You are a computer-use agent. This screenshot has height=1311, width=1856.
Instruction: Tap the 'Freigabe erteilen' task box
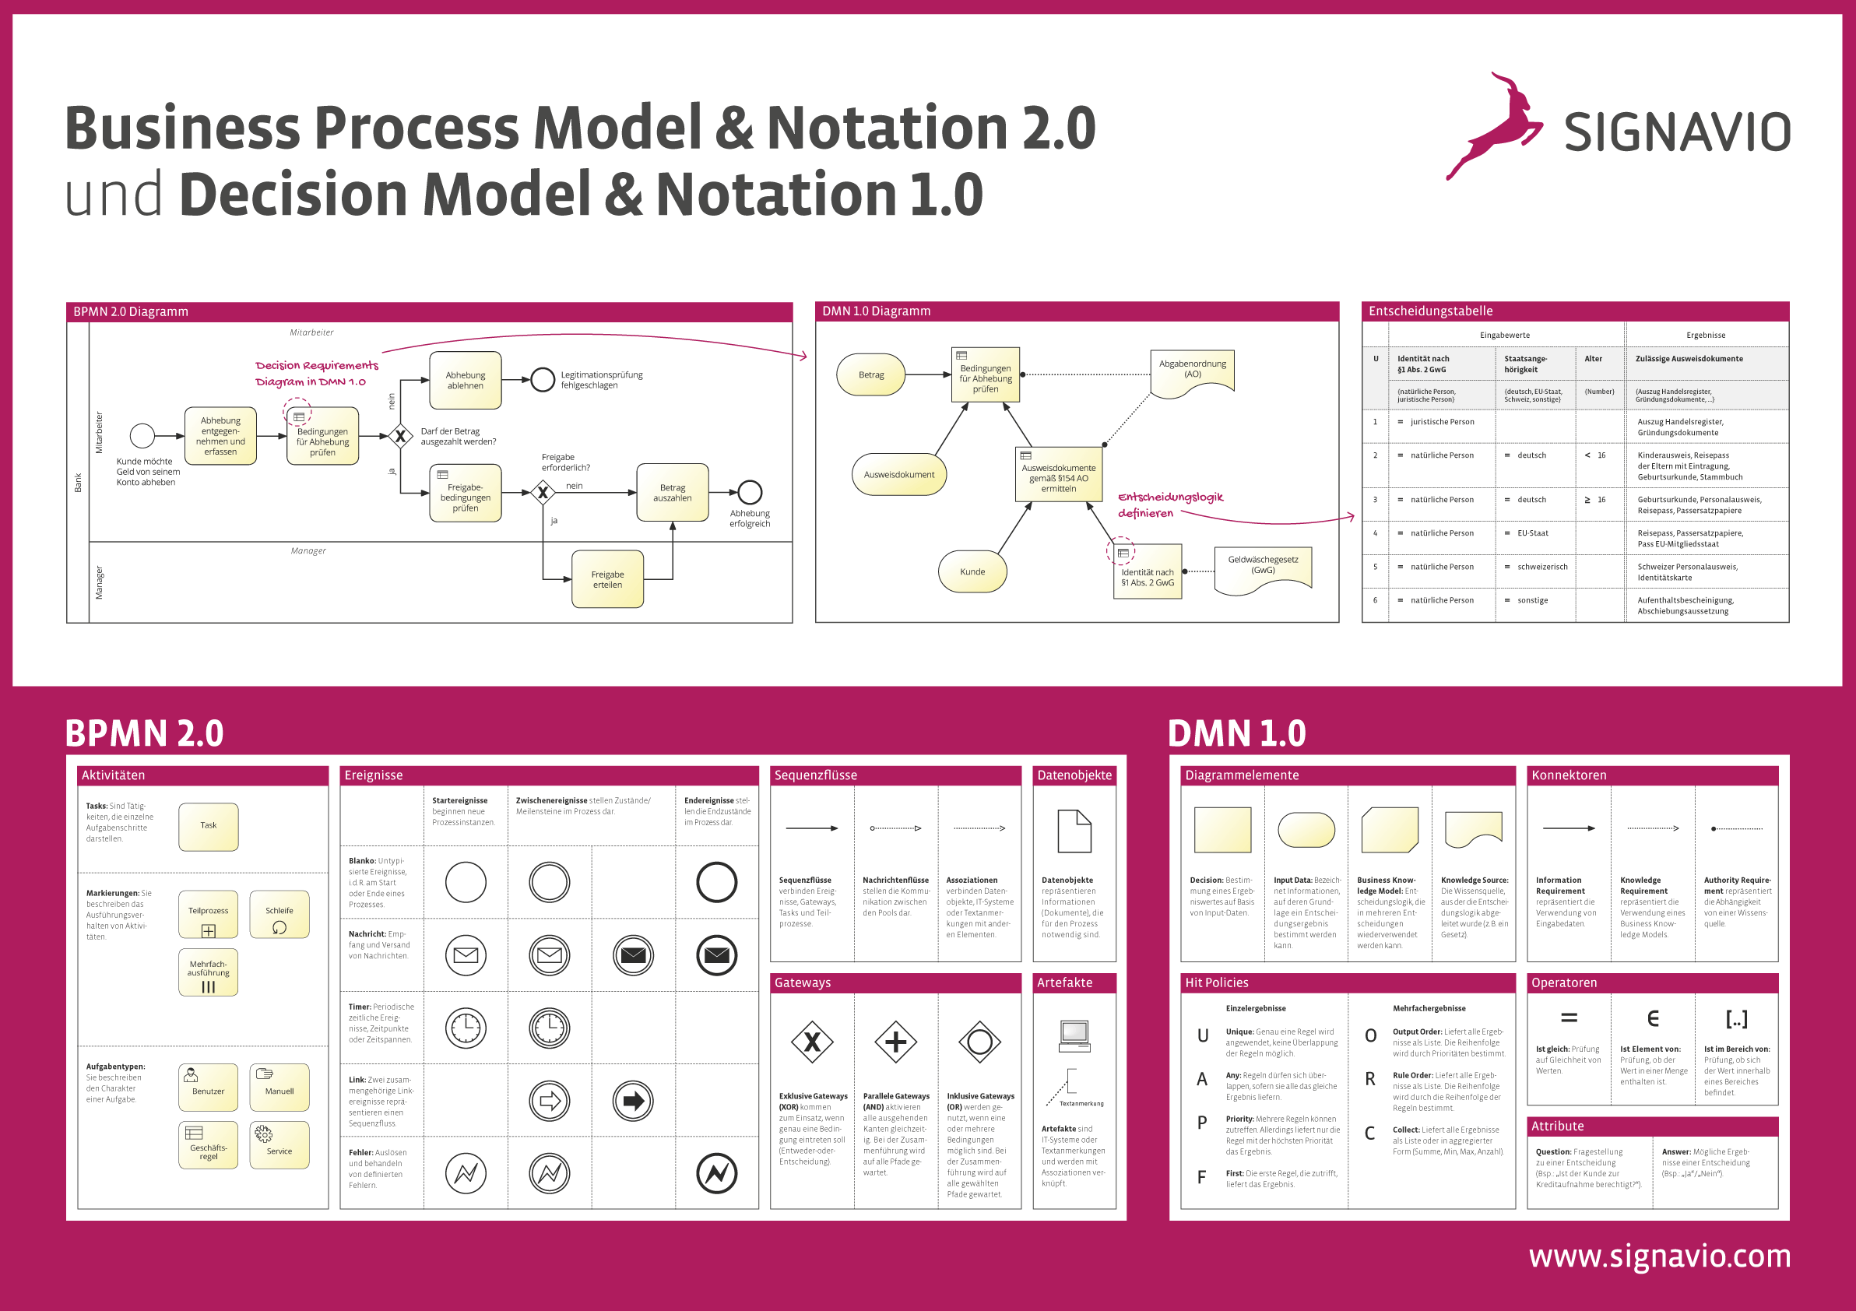tap(607, 578)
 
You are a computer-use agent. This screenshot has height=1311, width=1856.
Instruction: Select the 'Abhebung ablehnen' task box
tap(465, 380)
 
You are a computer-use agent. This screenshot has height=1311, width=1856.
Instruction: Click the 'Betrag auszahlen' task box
tap(672, 492)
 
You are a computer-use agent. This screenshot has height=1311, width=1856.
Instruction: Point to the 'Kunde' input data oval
tap(972, 571)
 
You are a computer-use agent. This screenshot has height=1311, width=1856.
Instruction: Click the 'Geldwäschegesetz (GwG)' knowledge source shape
tap(1263, 569)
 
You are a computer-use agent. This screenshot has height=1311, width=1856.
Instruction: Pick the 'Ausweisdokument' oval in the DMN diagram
tap(899, 474)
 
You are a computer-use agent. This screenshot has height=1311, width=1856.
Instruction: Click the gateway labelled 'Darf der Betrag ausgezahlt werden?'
tap(400, 437)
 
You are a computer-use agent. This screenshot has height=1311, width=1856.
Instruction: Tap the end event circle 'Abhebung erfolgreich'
tap(750, 491)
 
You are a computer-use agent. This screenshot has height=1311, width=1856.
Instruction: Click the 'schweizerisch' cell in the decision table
tap(1541, 567)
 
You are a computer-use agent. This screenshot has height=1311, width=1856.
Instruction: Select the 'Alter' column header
tap(1594, 359)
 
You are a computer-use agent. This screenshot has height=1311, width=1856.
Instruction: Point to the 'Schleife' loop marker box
tap(279, 914)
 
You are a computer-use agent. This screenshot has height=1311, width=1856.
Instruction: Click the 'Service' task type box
tap(279, 1144)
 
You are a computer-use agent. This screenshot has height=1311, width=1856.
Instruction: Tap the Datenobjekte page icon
tap(1074, 831)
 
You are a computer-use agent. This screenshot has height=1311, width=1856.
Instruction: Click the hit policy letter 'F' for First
tap(1201, 1177)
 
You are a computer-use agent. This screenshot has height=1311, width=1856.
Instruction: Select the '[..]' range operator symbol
tap(1736, 1018)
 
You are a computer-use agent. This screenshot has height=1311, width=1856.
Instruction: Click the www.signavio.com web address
tap(1659, 1256)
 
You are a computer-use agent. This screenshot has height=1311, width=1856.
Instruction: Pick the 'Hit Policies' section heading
tap(1217, 982)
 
